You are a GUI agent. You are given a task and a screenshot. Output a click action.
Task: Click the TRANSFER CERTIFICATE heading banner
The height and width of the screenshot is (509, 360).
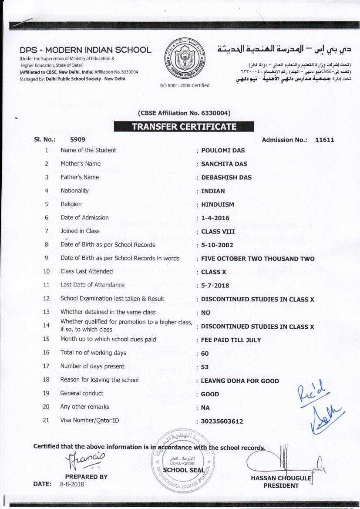(184, 127)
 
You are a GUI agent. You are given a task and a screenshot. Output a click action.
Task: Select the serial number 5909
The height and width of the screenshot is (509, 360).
(77, 140)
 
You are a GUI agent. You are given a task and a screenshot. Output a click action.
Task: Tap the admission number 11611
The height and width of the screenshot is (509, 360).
(325, 140)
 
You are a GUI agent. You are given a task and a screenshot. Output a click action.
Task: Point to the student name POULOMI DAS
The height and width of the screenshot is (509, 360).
(223, 151)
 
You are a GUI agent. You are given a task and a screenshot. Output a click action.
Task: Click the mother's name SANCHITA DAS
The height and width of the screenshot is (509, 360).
(224, 164)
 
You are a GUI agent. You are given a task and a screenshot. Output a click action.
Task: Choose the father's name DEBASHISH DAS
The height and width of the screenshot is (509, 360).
(226, 178)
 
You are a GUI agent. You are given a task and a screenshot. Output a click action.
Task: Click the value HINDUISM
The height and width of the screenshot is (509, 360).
(218, 205)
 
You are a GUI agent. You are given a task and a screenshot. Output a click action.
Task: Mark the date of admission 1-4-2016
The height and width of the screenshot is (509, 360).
(215, 218)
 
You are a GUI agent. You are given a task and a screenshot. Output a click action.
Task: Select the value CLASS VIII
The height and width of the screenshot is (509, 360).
(218, 232)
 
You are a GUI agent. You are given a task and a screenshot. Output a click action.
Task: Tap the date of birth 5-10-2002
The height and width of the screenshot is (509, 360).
(217, 245)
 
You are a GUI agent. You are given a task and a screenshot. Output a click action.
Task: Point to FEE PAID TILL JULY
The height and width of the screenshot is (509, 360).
(231, 340)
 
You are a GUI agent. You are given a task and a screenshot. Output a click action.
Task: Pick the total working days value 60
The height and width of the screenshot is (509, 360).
(205, 354)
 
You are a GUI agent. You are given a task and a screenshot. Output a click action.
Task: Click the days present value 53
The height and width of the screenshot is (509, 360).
(205, 367)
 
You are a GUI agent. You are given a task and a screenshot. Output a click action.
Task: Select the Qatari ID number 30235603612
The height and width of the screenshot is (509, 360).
(222, 421)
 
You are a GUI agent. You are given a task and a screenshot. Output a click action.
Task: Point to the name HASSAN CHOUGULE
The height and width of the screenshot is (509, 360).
(281, 478)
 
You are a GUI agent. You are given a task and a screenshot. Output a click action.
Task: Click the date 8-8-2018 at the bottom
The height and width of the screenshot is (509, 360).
(72, 484)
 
